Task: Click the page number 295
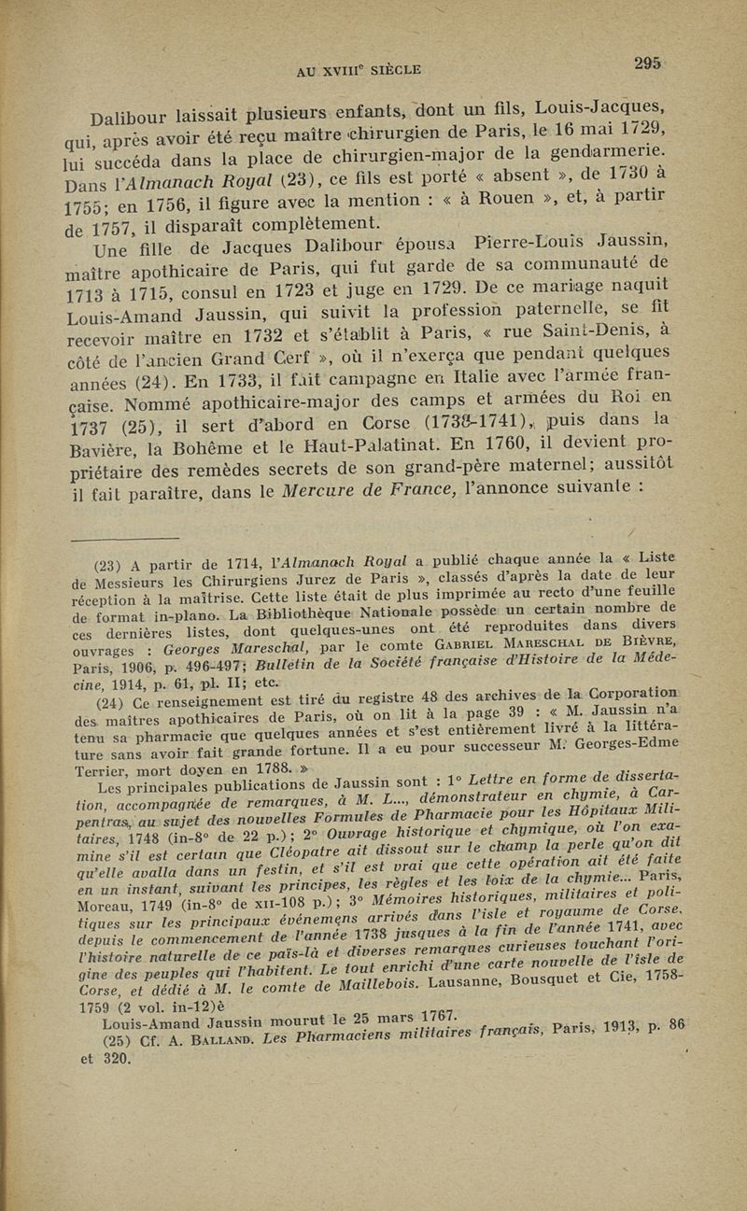(646, 63)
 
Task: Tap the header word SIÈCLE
(391, 68)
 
